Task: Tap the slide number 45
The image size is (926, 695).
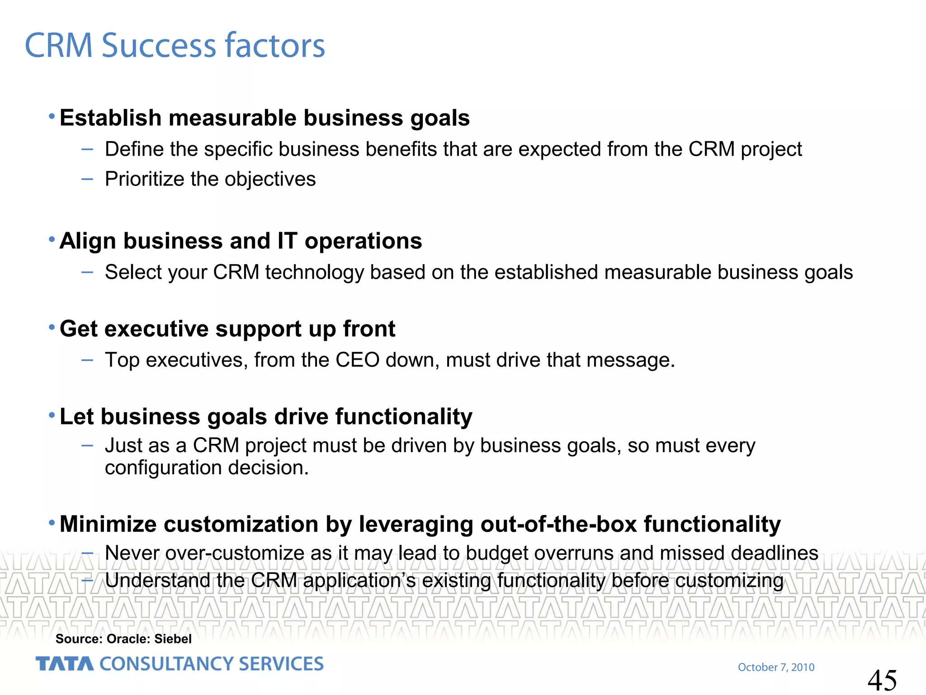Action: point(882,680)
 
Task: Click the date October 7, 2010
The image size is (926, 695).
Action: point(776,667)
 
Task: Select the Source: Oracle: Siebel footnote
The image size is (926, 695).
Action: point(123,638)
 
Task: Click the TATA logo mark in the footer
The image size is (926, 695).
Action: point(65,664)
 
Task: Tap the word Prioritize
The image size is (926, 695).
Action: point(145,179)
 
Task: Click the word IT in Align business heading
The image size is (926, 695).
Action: point(287,241)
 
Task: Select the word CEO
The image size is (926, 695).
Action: point(357,360)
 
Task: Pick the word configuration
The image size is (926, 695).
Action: point(163,468)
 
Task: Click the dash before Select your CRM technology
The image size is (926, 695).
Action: point(87,272)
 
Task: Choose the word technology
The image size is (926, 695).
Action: point(314,273)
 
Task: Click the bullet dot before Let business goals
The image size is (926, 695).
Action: point(52,415)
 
